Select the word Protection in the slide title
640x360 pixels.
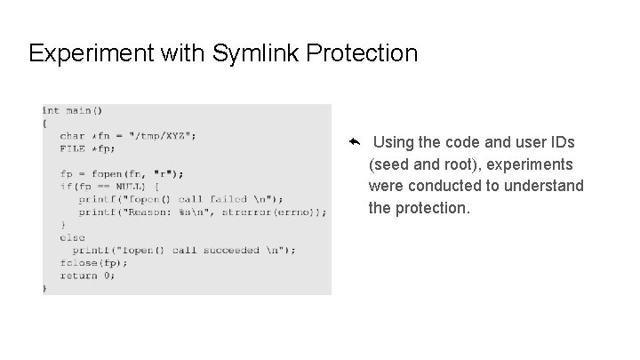click(363, 54)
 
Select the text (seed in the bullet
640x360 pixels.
click(389, 164)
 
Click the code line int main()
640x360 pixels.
click(73, 111)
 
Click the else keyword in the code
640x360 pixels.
click(72, 237)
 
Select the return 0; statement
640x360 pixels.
click(87, 276)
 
